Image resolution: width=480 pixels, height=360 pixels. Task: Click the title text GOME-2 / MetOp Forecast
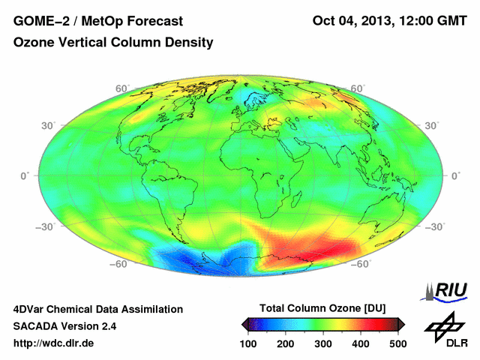pos(98,20)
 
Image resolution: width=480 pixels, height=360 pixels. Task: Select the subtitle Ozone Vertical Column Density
pos(113,43)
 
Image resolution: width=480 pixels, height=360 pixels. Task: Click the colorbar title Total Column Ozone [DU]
pos(322,308)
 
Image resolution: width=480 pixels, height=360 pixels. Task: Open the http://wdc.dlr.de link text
pos(54,343)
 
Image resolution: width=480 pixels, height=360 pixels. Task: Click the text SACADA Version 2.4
pos(65,326)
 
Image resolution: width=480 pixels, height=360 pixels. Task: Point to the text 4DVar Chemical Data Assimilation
pos(98,309)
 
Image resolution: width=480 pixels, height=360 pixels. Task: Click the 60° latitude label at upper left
pos(121,88)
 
